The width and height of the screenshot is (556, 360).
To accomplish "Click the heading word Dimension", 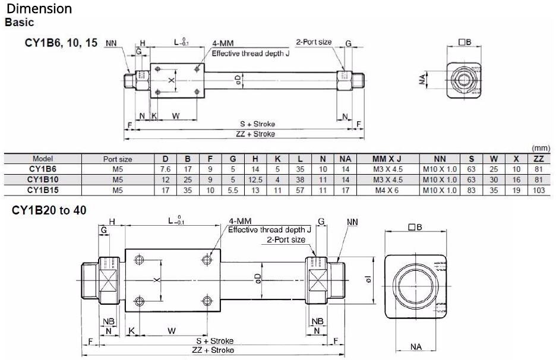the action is coord(39,8).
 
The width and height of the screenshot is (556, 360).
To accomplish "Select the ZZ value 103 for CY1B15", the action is coord(538,191).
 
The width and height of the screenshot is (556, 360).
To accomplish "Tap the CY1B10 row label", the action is coord(43,179).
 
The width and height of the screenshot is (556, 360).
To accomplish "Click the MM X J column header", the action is coord(387,159).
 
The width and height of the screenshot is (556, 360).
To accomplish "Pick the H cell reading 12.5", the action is coord(255,180).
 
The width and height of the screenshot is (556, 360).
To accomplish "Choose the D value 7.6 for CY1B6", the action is coord(165,169).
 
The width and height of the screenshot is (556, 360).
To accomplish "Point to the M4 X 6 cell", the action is coord(387,191).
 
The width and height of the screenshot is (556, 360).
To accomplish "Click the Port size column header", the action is coord(118,159).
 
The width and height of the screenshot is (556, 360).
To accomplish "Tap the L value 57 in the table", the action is coord(300,191).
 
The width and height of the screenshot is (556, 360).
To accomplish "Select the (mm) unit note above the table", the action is coord(541,149).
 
